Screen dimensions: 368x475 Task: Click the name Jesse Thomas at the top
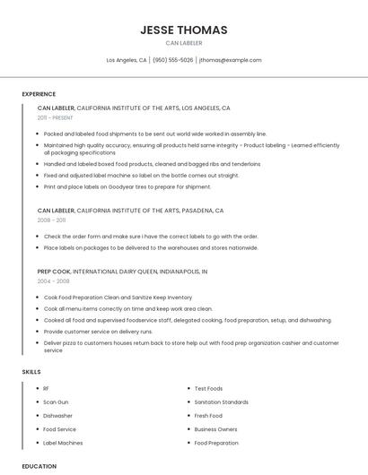point(184,30)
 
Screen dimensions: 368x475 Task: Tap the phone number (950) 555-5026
point(173,60)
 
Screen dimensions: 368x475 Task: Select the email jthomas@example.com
point(231,60)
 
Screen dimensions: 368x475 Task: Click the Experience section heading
point(39,94)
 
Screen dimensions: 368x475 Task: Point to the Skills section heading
point(31,371)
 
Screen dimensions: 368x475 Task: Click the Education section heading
point(39,466)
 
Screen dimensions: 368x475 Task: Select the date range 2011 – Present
point(55,117)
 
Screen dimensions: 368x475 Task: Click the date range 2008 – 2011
point(51,220)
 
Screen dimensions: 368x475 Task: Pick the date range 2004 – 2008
point(53,281)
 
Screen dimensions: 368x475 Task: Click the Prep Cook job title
point(54,271)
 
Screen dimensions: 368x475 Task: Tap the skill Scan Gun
point(56,402)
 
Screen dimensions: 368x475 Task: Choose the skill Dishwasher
point(58,416)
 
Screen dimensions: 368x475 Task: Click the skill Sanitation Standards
point(222,402)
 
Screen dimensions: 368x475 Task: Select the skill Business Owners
point(216,429)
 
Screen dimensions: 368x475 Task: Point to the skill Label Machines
point(63,443)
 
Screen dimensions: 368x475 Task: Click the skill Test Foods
point(208,389)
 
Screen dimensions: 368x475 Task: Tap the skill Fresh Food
point(208,416)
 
